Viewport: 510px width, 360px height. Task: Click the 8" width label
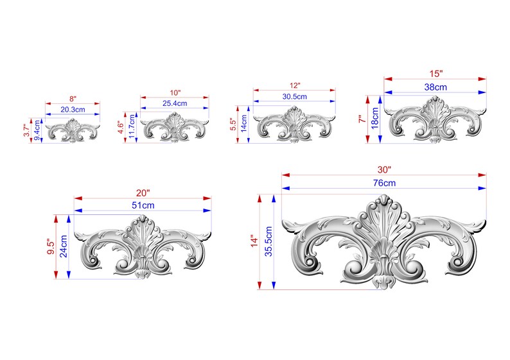tap(73, 99)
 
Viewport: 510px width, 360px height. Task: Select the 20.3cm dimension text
tap(73, 110)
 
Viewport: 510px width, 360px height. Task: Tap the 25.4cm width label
tap(175, 103)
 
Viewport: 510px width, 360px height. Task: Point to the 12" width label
tap(295, 85)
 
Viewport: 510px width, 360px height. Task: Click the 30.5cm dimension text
tap(295, 97)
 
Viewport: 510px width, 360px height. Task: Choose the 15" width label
tap(435, 74)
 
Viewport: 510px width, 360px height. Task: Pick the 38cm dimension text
tap(435, 87)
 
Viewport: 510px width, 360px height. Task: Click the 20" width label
tap(143, 193)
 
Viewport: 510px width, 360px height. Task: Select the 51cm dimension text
tap(143, 205)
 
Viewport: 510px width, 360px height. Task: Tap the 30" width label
tap(383, 169)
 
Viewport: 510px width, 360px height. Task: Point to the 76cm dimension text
tap(383, 184)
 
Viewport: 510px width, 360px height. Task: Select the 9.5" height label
tap(51, 246)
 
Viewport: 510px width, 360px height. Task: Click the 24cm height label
tap(64, 246)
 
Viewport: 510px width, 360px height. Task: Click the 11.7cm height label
tap(132, 126)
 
